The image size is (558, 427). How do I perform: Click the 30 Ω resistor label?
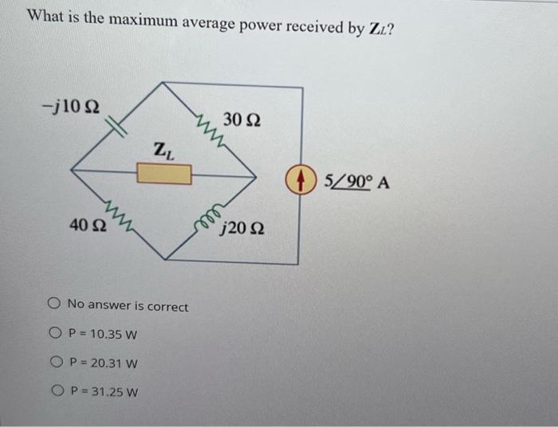click(241, 119)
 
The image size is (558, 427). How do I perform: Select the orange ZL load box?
click(163, 173)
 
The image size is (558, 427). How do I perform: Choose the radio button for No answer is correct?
click(53, 304)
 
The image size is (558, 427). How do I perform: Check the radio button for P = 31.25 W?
click(58, 391)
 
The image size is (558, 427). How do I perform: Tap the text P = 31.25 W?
click(104, 393)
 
